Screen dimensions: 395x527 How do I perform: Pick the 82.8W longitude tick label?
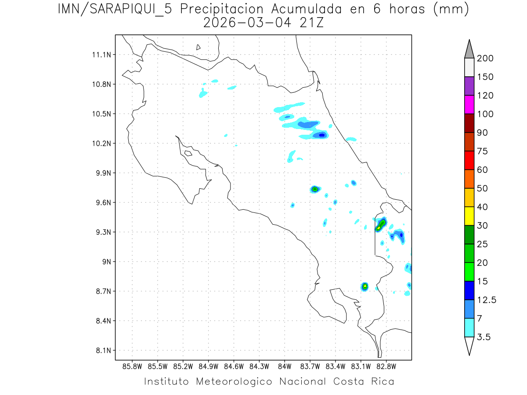click(386, 366)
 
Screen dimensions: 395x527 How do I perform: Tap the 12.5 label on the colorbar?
click(487, 300)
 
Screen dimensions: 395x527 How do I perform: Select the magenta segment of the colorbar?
click(469, 104)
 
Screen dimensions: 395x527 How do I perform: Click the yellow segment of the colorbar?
click(469, 215)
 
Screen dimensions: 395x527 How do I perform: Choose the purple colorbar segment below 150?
click(469, 86)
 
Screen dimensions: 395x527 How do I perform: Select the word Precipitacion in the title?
click(225, 9)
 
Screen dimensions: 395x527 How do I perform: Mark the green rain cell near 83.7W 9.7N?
click(314, 189)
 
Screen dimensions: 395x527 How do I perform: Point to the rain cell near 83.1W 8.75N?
click(365, 286)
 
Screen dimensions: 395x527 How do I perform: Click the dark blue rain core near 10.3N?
click(322, 135)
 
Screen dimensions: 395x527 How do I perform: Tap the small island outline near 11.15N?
click(199, 47)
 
